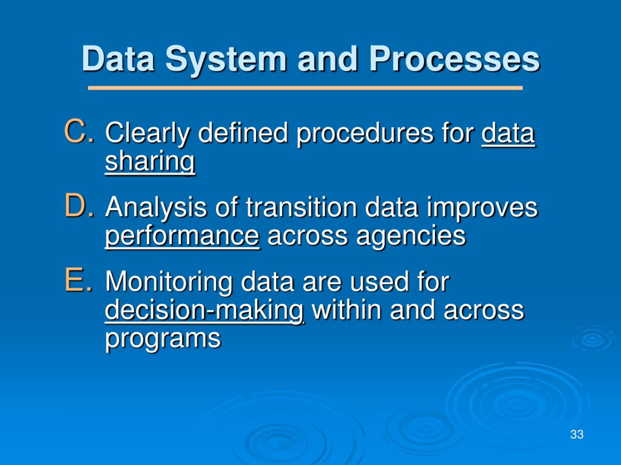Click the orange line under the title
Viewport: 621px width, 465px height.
tap(305, 88)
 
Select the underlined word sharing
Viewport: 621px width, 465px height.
tap(150, 163)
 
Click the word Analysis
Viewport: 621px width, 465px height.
tap(156, 209)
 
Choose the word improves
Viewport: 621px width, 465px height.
tap(482, 209)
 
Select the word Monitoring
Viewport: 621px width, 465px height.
tap(169, 283)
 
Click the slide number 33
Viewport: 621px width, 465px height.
tap(577, 434)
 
